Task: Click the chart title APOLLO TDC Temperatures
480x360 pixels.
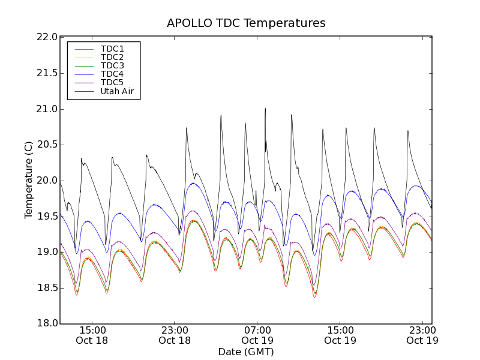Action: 246,23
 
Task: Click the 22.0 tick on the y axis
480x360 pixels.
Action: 47,37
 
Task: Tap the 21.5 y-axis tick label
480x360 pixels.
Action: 47,73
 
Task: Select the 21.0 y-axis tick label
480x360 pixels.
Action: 47,109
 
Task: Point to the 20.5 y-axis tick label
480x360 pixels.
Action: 47,145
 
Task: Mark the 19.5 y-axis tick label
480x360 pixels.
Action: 47,217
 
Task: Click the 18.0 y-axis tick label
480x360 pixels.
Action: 47,324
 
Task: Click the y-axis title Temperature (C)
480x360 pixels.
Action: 29,180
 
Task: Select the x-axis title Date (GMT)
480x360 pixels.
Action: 246,352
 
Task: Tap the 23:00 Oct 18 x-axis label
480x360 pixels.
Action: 175,335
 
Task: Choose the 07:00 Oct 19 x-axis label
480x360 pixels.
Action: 257,335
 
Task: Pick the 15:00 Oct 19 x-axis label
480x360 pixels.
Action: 340,335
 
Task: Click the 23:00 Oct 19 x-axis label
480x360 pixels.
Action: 422,335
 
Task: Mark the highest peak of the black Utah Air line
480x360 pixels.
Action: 265,109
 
